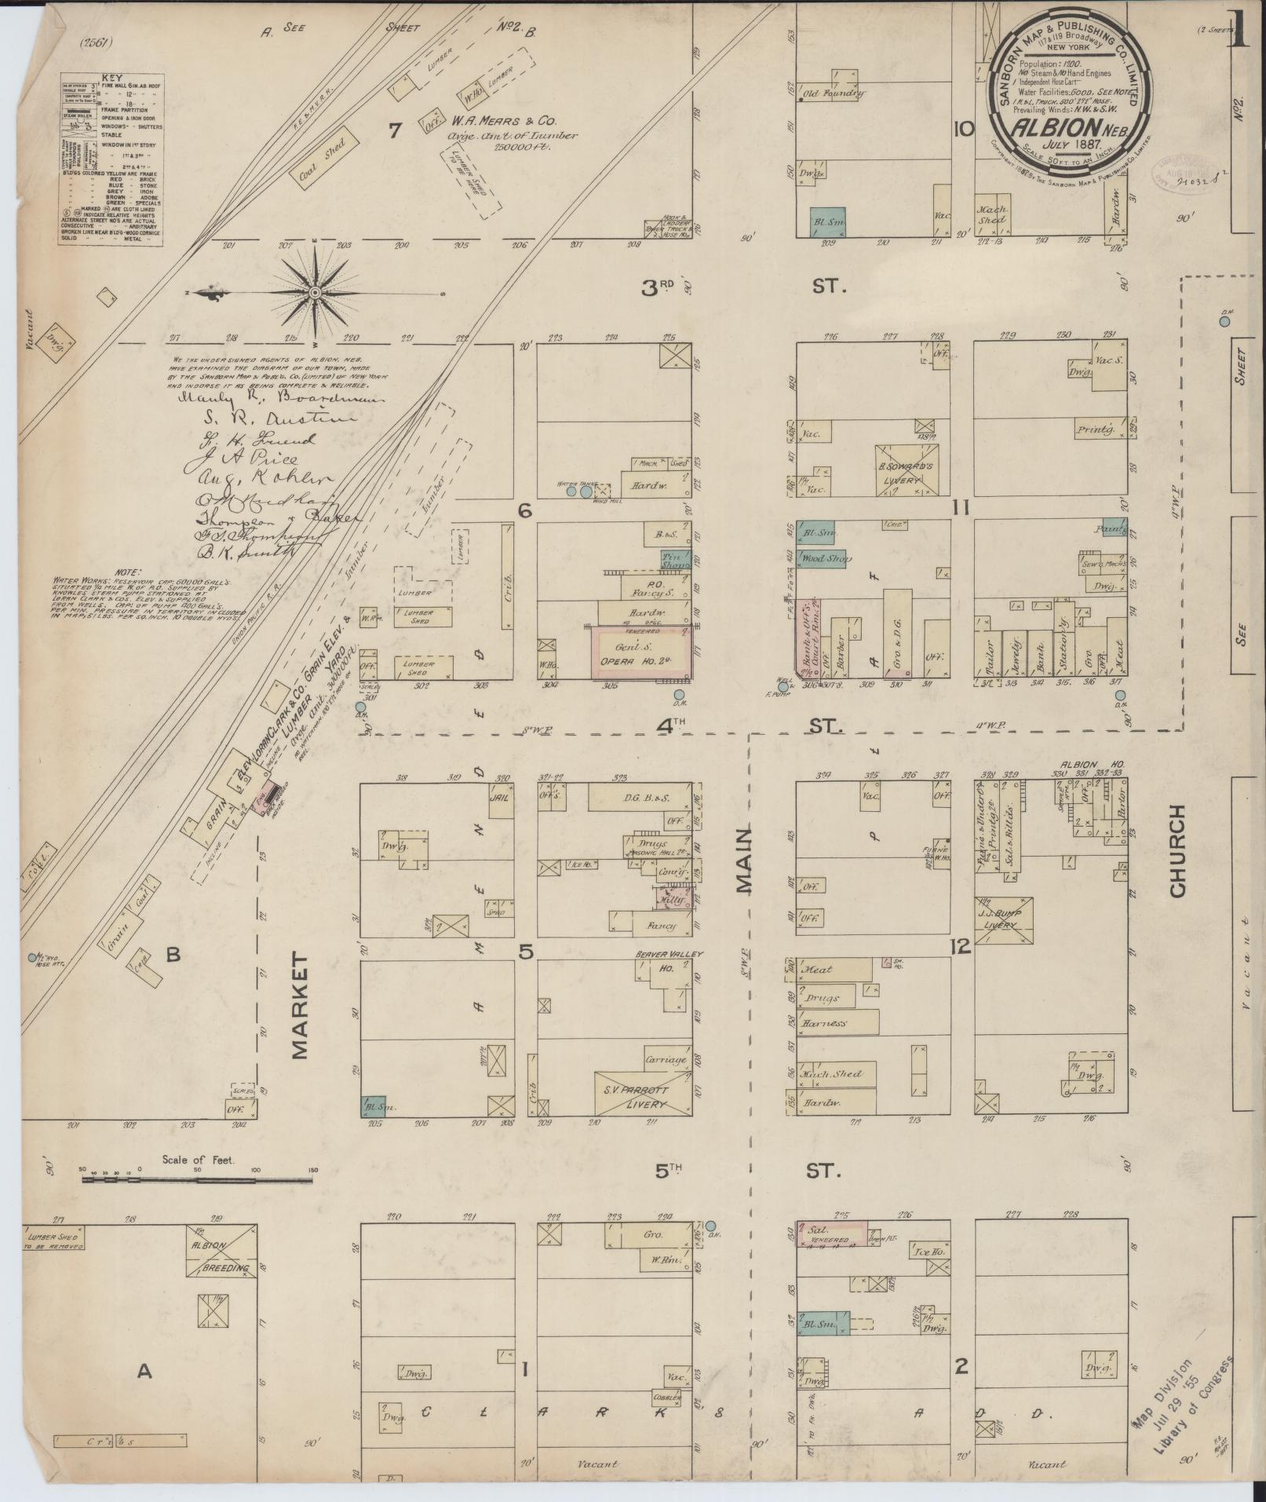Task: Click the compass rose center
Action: click(x=314, y=292)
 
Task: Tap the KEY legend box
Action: click(x=111, y=160)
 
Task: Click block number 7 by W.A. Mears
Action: click(x=394, y=130)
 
